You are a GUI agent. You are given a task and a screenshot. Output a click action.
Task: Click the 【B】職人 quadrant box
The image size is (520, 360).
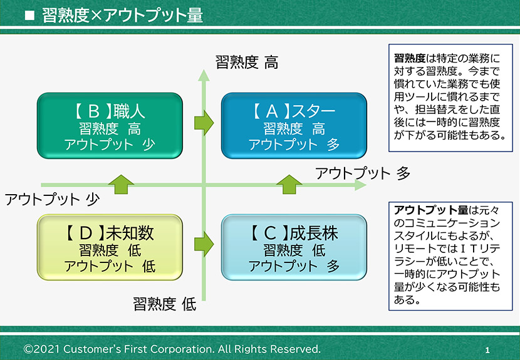[x=110, y=126]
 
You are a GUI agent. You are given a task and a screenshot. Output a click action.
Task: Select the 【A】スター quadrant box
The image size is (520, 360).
[x=294, y=126]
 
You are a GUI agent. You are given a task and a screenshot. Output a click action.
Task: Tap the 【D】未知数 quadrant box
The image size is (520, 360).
[x=110, y=247]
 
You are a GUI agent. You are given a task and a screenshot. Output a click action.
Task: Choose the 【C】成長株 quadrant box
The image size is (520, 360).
[x=294, y=247]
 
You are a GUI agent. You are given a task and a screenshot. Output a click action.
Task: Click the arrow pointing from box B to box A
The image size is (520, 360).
[x=204, y=123]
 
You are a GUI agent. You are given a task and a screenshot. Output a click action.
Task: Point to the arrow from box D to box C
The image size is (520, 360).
[x=204, y=244]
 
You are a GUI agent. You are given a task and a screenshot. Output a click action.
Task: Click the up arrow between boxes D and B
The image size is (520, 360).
[x=121, y=184]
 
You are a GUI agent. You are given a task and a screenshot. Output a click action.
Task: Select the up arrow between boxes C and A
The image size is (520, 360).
[x=289, y=184]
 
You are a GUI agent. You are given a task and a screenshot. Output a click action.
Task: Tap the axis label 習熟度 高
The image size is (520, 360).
[x=247, y=62]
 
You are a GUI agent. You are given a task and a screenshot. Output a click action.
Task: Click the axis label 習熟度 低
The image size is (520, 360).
[x=165, y=304]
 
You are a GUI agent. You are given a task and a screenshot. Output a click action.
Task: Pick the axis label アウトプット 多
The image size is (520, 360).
[x=363, y=173]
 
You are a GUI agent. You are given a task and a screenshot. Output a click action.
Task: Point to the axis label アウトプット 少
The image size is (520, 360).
[x=52, y=199]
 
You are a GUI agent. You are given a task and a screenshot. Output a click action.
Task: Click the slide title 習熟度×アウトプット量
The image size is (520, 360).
[x=122, y=15]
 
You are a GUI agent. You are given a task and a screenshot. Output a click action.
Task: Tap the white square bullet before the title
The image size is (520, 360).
[x=29, y=16]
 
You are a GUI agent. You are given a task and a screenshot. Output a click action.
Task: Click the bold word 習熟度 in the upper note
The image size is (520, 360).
[x=410, y=58]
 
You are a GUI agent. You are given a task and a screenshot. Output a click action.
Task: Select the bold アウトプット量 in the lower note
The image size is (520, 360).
[x=431, y=210]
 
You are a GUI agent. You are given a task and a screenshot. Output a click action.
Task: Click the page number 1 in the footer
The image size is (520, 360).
[x=487, y=350]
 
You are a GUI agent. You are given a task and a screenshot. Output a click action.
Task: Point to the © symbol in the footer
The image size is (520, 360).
[x=28, y=349]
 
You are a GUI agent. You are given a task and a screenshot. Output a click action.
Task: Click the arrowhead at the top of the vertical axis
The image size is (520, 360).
[x=204, y=75]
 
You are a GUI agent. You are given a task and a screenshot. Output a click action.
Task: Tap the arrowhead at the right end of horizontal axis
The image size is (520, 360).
[x=360, y=185]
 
